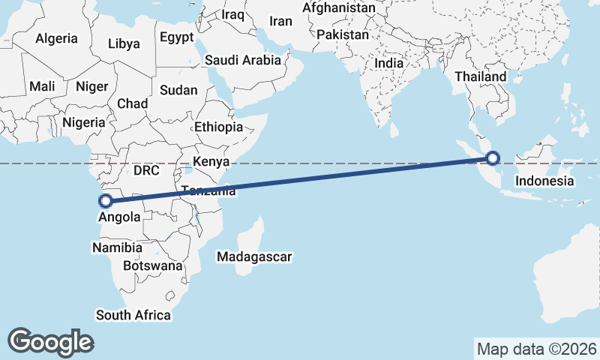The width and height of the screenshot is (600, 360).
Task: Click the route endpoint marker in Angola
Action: point(106,200)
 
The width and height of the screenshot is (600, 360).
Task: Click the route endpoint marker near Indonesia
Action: point(492,157)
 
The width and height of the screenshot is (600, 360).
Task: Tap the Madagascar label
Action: point(254,257)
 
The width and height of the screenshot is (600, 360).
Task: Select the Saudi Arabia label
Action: point(242,60)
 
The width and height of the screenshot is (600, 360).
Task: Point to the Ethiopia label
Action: point(218,127)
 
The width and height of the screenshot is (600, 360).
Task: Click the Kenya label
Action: point(211,161)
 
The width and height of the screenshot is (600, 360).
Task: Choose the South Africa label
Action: point(133,315)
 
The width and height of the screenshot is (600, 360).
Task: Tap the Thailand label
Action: point(481,76)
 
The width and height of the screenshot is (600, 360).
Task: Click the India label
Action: point(388,64)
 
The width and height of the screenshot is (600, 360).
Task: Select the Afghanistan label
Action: point(339,8)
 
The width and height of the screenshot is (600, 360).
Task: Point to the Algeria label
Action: point(57,38)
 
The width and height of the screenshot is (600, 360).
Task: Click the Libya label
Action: point(124,43)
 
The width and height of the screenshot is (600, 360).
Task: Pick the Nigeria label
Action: point(83,122)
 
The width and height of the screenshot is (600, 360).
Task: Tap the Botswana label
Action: point(152,265)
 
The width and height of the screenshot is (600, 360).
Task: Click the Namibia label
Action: point(117,247)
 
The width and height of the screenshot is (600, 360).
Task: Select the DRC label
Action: point(146,170)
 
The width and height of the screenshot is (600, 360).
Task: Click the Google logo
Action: point(50,341)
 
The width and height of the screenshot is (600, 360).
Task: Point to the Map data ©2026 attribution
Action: point(536,349)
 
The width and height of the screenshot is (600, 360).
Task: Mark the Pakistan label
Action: point(343,34)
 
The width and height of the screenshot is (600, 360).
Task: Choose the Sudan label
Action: point(178,90)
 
